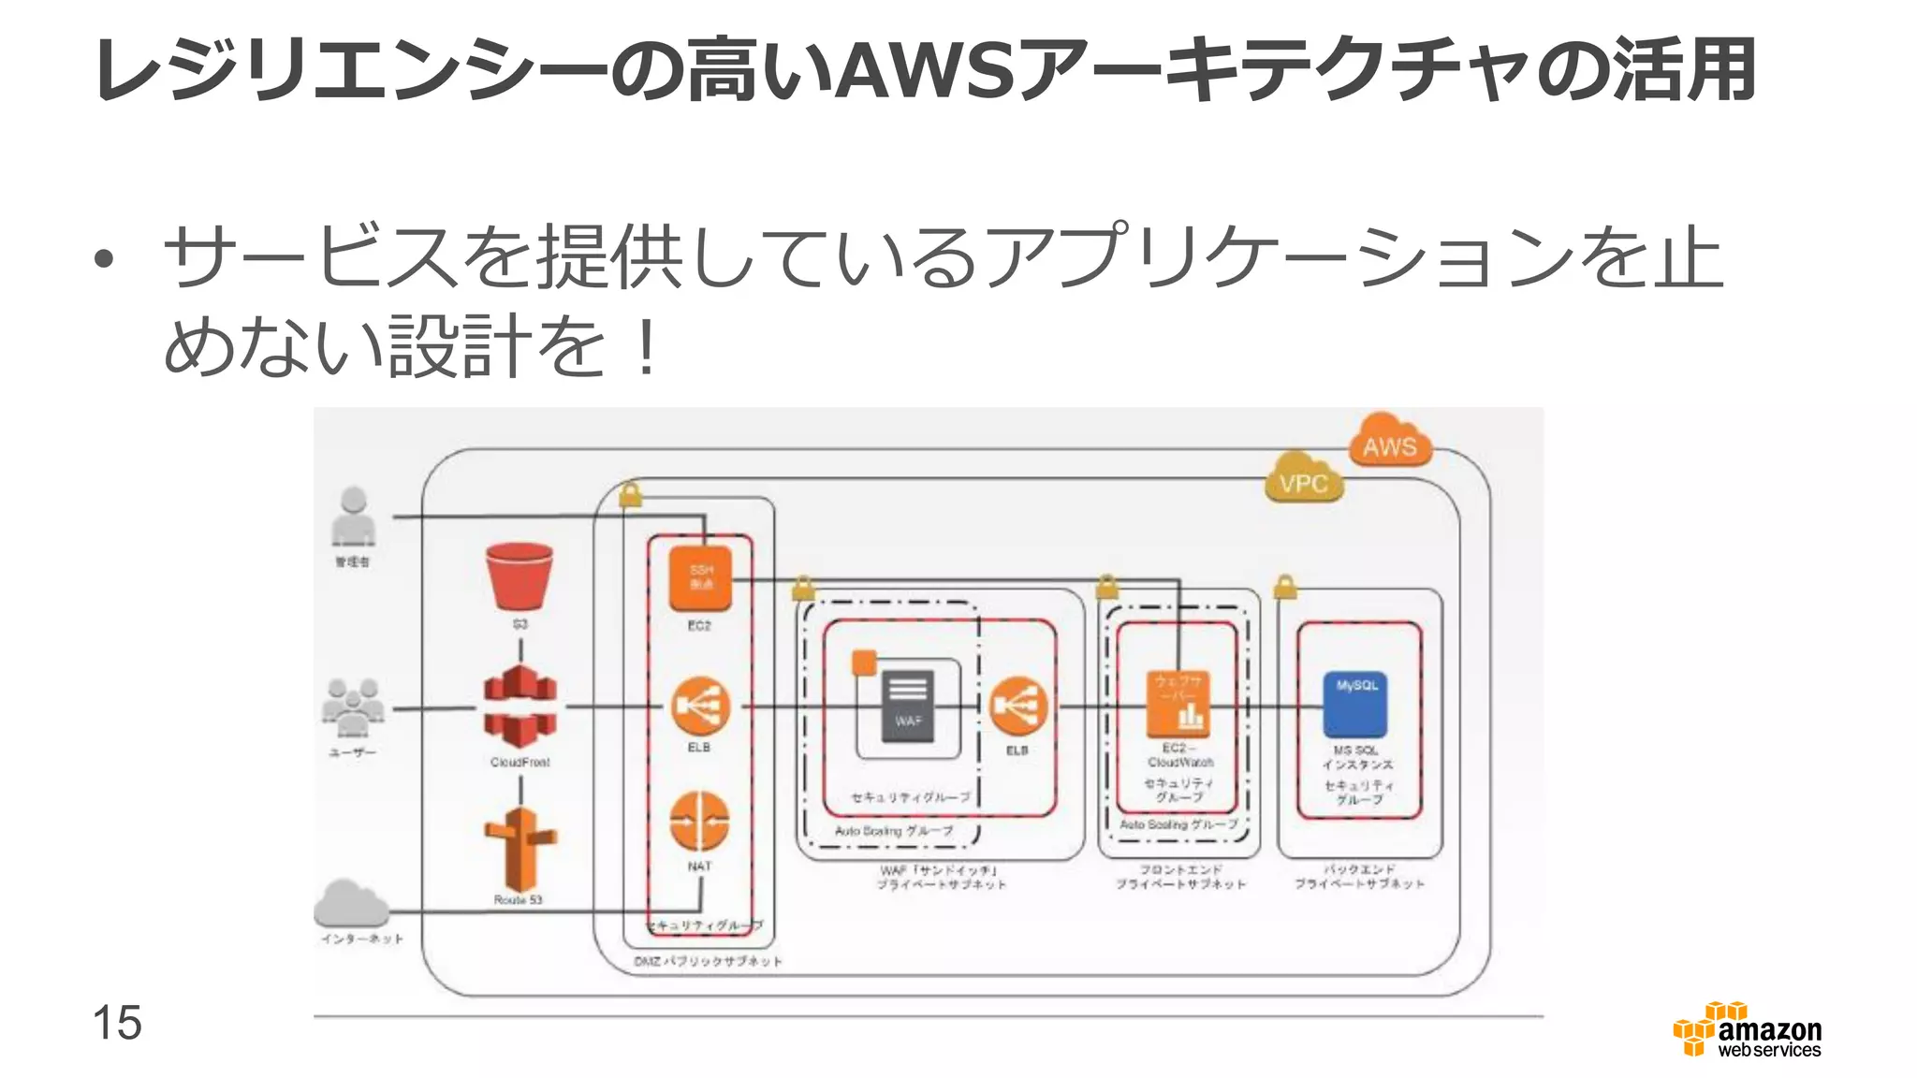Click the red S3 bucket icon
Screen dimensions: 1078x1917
tap(519, 575)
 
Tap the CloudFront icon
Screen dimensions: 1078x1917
tap(520, 707)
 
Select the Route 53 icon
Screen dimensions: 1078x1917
tap(519, 848)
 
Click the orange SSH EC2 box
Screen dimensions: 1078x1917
tap(700, 577)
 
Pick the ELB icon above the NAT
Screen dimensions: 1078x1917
tap(700, 707)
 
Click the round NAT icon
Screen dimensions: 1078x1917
tap(699, 822)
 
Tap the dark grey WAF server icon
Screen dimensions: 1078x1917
tap(908, 707)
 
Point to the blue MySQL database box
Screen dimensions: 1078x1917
tap(1355, 704)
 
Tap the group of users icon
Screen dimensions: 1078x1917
tap(353, 707)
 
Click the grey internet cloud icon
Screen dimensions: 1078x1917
tap(351, 903)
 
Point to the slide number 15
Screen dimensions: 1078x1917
tap(117, 1022)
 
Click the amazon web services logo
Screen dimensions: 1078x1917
tap(1749, 1030)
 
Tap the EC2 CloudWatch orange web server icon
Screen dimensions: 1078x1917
tap(1178, 704)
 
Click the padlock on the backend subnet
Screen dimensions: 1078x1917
tap(1285, 588)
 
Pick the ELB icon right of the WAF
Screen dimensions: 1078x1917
tap(1018, 707)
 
